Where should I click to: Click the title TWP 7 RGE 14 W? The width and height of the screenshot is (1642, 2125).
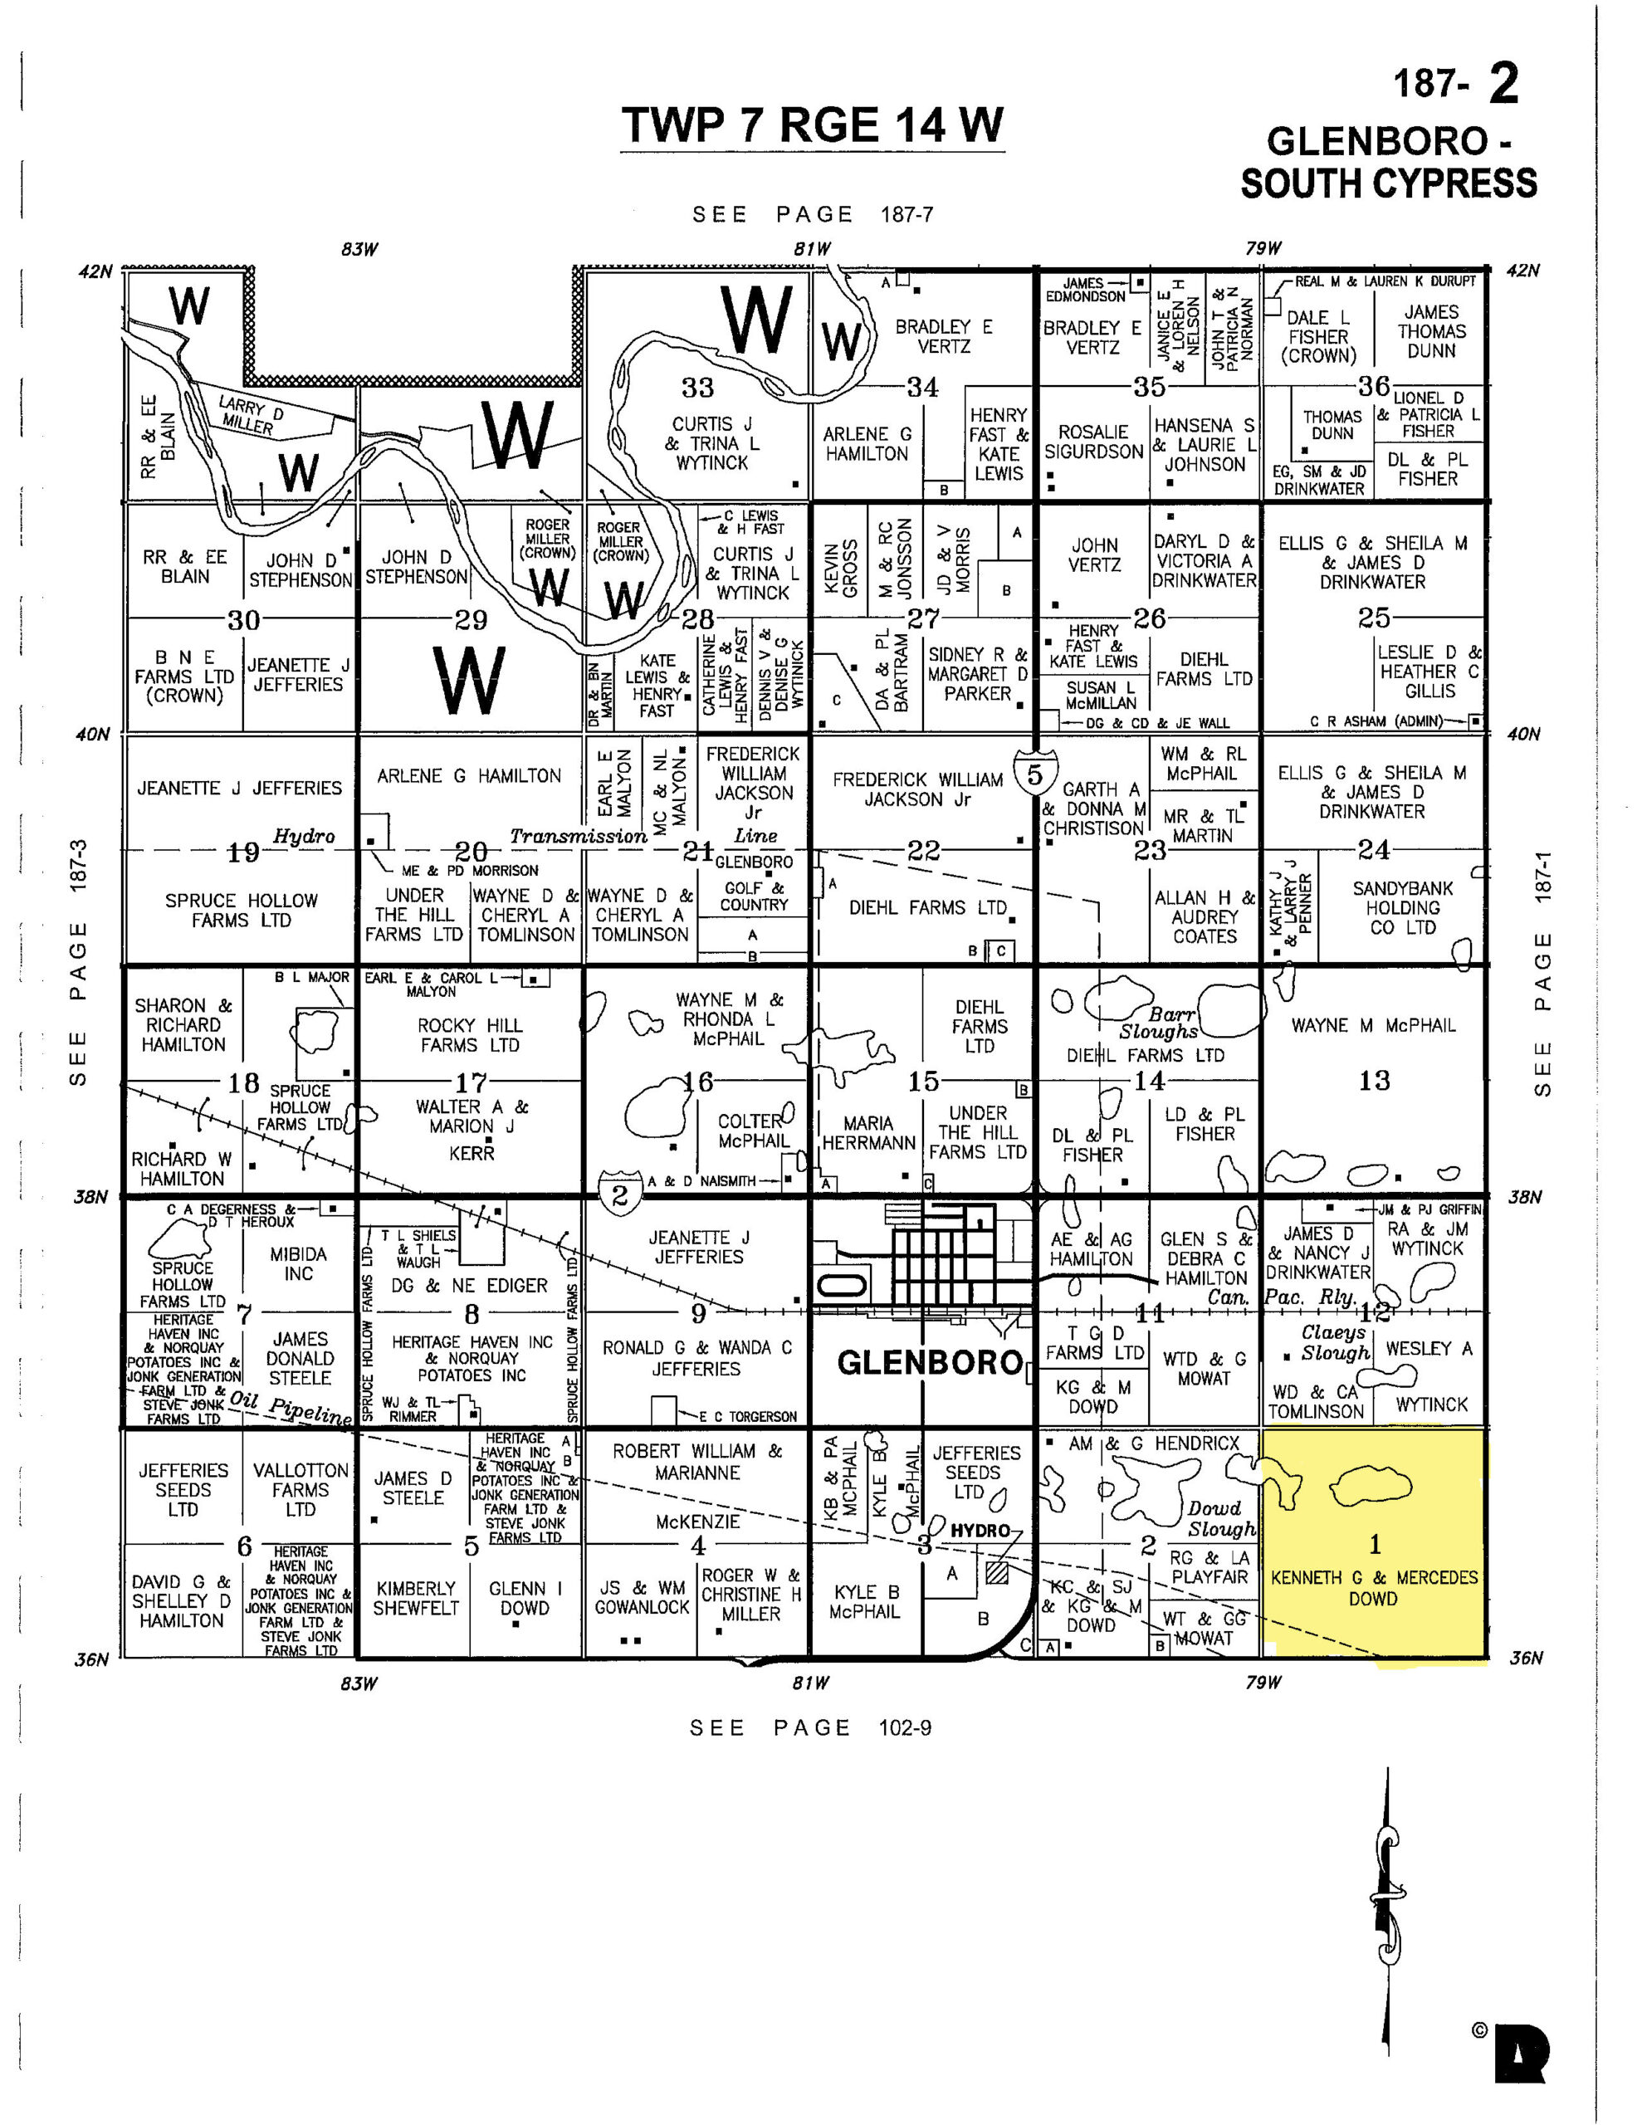(812, 125)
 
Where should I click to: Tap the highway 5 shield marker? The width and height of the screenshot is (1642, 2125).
(1034, 774)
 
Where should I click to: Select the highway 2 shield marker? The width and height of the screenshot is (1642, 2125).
(620, 1194)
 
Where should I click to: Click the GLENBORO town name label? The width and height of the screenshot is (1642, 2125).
(930, 1363)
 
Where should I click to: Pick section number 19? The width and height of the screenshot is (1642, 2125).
(242, 852)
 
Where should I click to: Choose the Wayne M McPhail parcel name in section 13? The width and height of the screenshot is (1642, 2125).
(1372, 1025)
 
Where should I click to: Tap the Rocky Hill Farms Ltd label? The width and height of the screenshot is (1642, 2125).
(471, 1035)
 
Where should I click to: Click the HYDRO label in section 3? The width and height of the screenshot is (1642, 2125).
(980, 1531)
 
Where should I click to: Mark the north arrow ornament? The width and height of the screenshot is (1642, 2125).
(1387, 1906)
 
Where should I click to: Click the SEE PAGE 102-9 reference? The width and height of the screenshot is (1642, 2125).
(810, 1728)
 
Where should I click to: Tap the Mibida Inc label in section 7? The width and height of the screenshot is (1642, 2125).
(299, 1264)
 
